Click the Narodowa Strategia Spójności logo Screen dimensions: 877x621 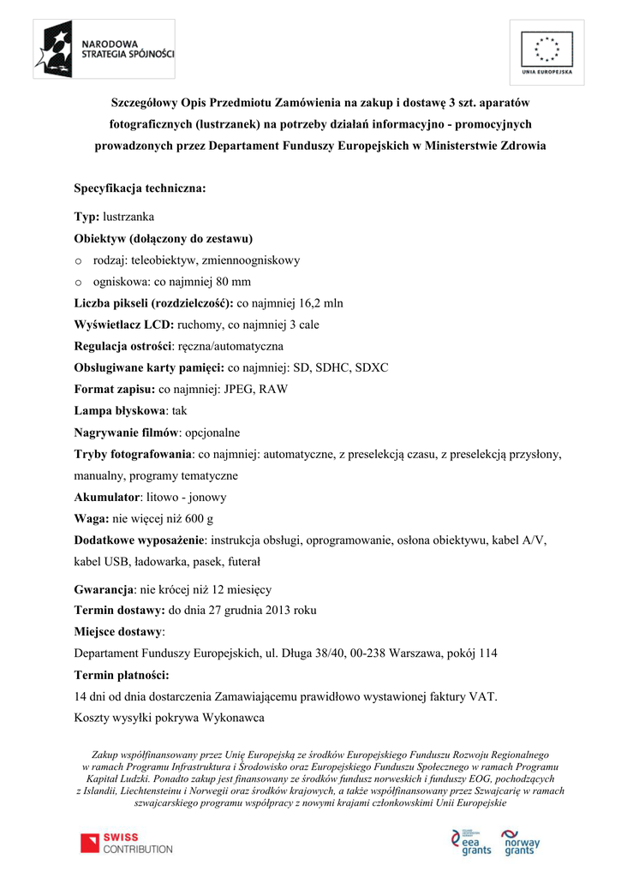point(104,52)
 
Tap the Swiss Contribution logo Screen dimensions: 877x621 point(126,843)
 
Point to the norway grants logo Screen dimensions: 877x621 point(521,843)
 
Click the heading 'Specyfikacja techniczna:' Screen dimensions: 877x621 point(140,188)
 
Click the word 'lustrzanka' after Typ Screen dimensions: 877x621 point(128,217)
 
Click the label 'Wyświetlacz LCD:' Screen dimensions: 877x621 point(124,325)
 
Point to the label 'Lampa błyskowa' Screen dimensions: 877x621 point(120,410)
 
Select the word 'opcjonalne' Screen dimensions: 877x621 point(212,432)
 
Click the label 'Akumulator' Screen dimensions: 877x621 point(106,497)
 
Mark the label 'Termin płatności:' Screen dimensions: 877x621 point(122,675)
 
